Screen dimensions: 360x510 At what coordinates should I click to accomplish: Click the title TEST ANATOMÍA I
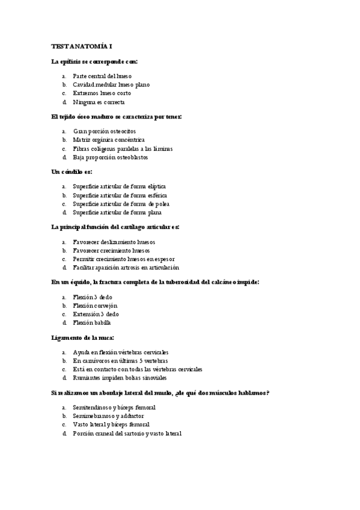(x=82, y=46)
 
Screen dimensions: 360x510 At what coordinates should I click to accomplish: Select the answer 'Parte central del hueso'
(x=102, y=76)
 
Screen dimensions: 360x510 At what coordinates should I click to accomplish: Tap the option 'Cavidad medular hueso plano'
(x=111, y=85)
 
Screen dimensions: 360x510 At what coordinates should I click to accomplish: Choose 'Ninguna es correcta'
(x=99, y=102)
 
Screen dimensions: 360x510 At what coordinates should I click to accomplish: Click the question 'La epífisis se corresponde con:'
(x=95, y=61)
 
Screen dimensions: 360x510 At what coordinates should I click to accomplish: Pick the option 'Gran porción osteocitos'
(x=105, y=131)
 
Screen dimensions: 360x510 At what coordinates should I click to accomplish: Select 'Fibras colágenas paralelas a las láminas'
(x=123, y=149)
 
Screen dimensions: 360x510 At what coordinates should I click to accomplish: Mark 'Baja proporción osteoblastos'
(x=110, y=158)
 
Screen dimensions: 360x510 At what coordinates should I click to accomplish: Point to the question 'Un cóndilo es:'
(x=72, y=172)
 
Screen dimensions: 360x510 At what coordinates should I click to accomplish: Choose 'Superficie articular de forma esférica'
(x=120, y=195)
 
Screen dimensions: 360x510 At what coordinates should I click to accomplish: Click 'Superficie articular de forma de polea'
(x=121, y=204)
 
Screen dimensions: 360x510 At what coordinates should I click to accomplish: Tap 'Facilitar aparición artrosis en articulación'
(x=126, y=268)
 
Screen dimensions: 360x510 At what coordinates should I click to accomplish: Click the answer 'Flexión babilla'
(x=92, y=323)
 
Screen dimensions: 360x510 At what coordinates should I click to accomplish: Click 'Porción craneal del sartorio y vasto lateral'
(x=127, y=434)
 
